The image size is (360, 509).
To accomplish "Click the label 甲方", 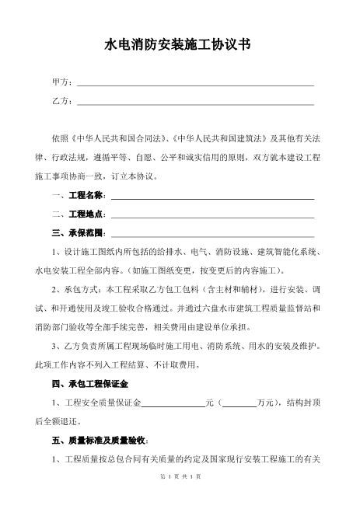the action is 61,82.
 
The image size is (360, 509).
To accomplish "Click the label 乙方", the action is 61,101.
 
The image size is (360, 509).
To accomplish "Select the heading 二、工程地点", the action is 79,214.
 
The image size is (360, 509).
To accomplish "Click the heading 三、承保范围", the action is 79,232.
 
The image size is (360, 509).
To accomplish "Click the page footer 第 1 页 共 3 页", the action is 180,497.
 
